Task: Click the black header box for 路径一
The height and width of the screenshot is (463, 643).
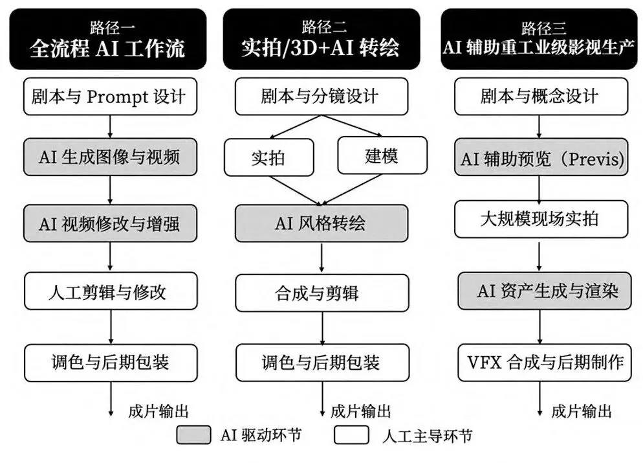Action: coord(108,40)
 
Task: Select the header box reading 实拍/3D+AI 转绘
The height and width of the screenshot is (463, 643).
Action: coord(321,40)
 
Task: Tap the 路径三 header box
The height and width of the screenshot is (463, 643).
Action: coord(539,40)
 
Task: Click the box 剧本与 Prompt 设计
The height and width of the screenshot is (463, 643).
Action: coord(111,96)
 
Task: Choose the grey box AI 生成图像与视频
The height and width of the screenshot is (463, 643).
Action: coord(111,157)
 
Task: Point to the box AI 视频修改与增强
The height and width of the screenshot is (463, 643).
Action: coord(111,223)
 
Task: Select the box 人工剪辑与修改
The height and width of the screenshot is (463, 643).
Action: coord(111,291)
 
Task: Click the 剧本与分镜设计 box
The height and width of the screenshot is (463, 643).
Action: coord(321,96)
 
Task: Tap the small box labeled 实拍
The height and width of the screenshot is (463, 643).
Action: coord(269,157)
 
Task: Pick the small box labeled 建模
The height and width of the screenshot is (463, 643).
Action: coord(382,155)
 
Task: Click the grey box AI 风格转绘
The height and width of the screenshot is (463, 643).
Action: coord(321,223)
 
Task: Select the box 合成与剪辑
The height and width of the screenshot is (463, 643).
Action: coord(322,293)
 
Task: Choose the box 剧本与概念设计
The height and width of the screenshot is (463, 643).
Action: coord(541,96)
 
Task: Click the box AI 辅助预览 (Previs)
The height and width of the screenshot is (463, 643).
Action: coord(541,157)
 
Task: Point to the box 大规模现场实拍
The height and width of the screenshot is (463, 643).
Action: coord(541,219)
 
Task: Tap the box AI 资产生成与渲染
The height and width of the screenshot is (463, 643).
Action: coord(545,291)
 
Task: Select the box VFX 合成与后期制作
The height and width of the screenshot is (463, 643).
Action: coord(545,363)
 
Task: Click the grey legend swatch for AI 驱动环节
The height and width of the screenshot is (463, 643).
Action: coord(193,435)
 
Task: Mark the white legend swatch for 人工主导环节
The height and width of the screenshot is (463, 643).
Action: coord(351,435)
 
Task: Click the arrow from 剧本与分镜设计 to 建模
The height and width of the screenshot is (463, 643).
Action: coord(352,125)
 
